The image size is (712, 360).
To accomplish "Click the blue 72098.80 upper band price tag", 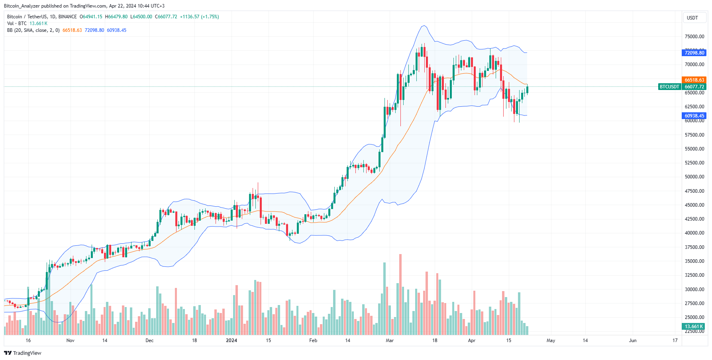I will tap(694, 53).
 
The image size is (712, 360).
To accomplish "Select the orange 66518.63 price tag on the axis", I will tap(694, 80).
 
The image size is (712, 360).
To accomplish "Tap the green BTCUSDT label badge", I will tap(669, 87).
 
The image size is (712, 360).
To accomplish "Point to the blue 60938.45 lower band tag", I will tap(694, 116).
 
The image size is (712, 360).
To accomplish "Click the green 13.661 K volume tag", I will tap(694, 327).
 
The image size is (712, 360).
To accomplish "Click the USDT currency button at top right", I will tap(692, 18).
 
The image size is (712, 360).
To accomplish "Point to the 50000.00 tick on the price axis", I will tap(694, 177).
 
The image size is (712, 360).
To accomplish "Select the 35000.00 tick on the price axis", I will tap(694, 261).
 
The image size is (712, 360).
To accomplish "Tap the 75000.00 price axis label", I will tap(694, 37).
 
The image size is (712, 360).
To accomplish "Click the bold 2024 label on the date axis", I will tap(231, 340).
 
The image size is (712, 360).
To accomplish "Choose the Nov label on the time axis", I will tap(71, 340).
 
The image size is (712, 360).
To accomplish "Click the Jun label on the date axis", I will tap(633, 340).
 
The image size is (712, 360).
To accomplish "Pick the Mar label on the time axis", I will tap(390, 340).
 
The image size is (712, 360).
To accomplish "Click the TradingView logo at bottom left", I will tap(23, 353).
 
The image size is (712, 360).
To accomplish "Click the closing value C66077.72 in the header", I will tap(166, 17).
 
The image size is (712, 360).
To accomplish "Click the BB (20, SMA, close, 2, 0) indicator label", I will tap(33, 30).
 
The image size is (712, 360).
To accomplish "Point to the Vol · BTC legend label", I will tap(17, 23).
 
